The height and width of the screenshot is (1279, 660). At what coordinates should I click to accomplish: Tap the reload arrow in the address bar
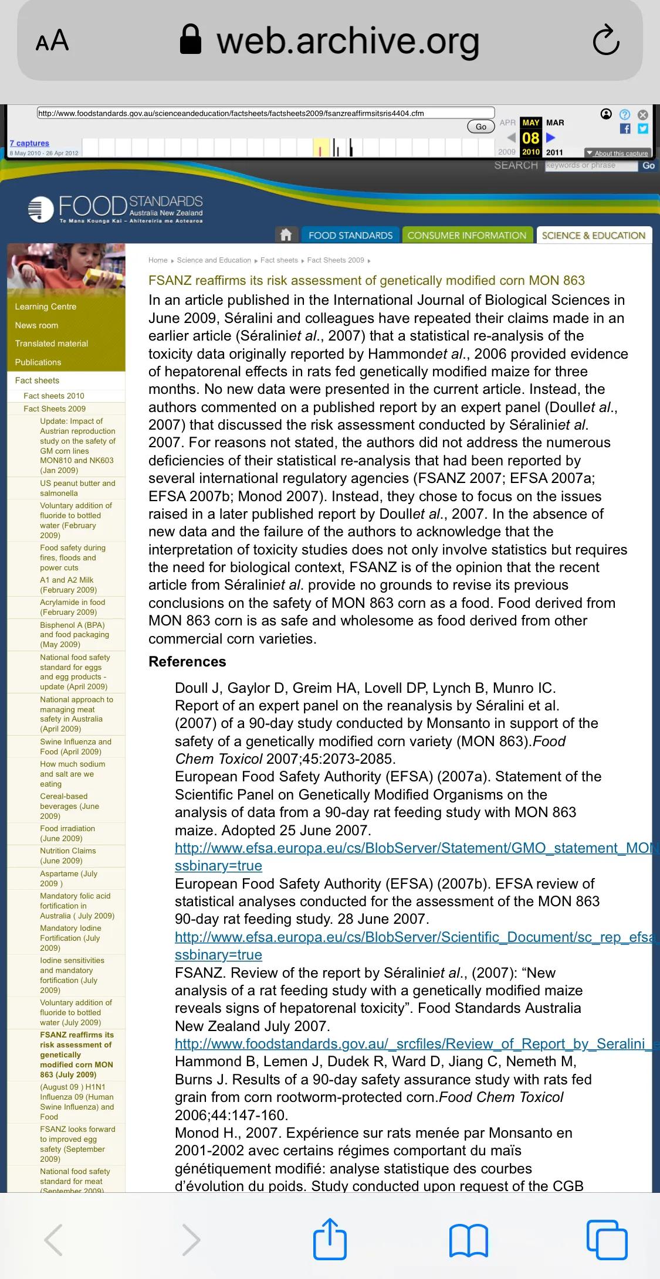pyautogui.click(x=606, y=40)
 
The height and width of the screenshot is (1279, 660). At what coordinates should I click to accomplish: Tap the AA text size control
pyautogui.click(x=52, y=41)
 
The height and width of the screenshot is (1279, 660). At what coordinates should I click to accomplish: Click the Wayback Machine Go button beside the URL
pyautogui.click(x=480, y=127)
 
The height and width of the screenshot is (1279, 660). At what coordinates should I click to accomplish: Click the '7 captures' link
pyautogui.click(x=29, y=143)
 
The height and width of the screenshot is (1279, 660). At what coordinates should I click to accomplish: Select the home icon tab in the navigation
pyautogui.click(x=286, y=235)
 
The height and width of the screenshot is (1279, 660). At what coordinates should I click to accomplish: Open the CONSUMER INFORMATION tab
pyautogui.click(x=467, y=235)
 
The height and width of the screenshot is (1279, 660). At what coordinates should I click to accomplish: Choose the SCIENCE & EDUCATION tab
pyautogui.click(x=593, y=235)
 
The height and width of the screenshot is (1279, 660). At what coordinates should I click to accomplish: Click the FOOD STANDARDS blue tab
pyautogui.click(x=350, y=235)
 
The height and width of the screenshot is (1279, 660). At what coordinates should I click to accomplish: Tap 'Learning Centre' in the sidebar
pyautogui.click(x=46, y=307)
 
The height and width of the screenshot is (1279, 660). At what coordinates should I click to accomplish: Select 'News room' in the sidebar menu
pyautogui.click(x=37, y=325)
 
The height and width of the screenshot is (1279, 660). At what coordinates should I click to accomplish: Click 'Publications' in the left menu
pyautogui.click(x=38, y=362)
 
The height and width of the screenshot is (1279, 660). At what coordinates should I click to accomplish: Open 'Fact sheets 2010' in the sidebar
pyautogui.click(x=54, y=396)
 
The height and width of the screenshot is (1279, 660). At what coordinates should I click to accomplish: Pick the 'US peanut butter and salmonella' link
pyautogui.click(x=77, y=488)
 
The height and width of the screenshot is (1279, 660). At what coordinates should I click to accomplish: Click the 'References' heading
pyautogui.click(x=187, y=661)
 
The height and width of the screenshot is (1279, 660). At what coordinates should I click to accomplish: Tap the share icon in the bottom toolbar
pyautogui.click(x=330, y=1239)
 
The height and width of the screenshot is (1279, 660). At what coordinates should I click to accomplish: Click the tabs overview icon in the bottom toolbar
pyautogui.click(x=607, y=1239)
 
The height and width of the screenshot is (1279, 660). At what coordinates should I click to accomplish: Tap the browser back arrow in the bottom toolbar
pyautogui.click(x=53, y=1240)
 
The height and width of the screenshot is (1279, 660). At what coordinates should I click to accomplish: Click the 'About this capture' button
pyautogui.click(x=618, y=153)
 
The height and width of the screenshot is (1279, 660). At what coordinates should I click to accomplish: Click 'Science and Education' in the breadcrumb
pyautogui.click(x=214, y=260)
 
